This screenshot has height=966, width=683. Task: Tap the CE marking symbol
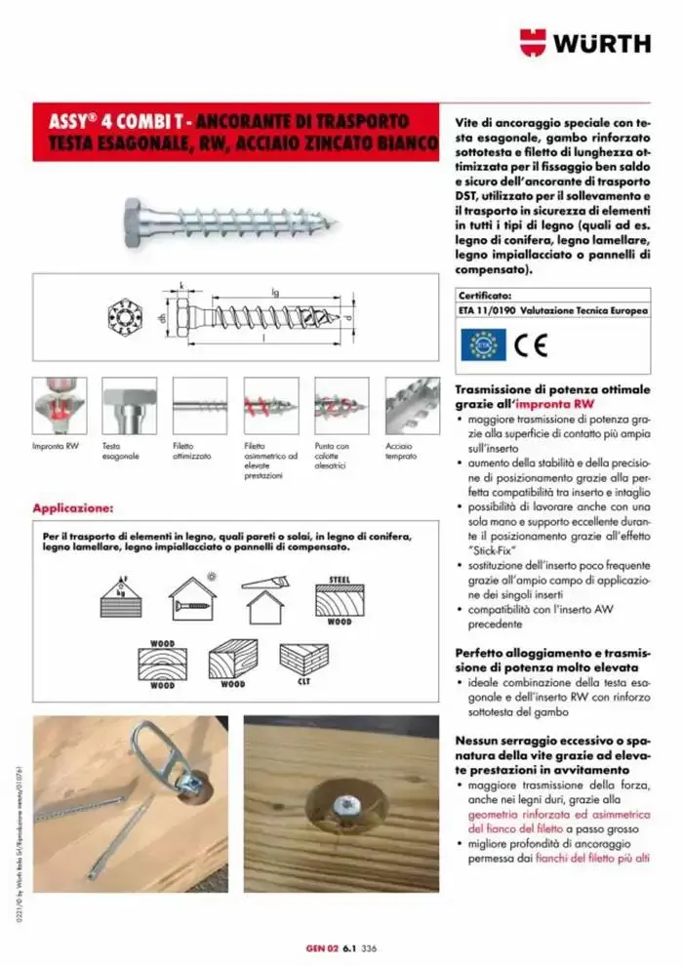pyautogui.click(x=533, y=343)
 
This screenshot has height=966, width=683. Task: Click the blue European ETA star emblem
pyautogui.click(x=482, y=343)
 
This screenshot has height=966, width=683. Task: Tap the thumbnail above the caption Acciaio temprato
pyautogui.click(x=412, y=406)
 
